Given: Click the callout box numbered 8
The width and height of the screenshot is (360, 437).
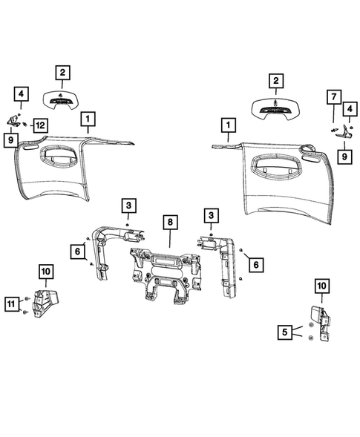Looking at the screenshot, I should (169, 222).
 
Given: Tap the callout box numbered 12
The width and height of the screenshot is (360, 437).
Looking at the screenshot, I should (39, 126).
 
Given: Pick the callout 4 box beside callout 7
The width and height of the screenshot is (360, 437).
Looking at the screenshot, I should (346, 110).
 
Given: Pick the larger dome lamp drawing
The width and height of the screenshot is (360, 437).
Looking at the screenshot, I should (276, 108).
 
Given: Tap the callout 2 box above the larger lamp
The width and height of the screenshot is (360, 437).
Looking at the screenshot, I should (276, 80).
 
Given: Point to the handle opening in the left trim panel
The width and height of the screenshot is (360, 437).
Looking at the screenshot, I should (68, 157).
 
